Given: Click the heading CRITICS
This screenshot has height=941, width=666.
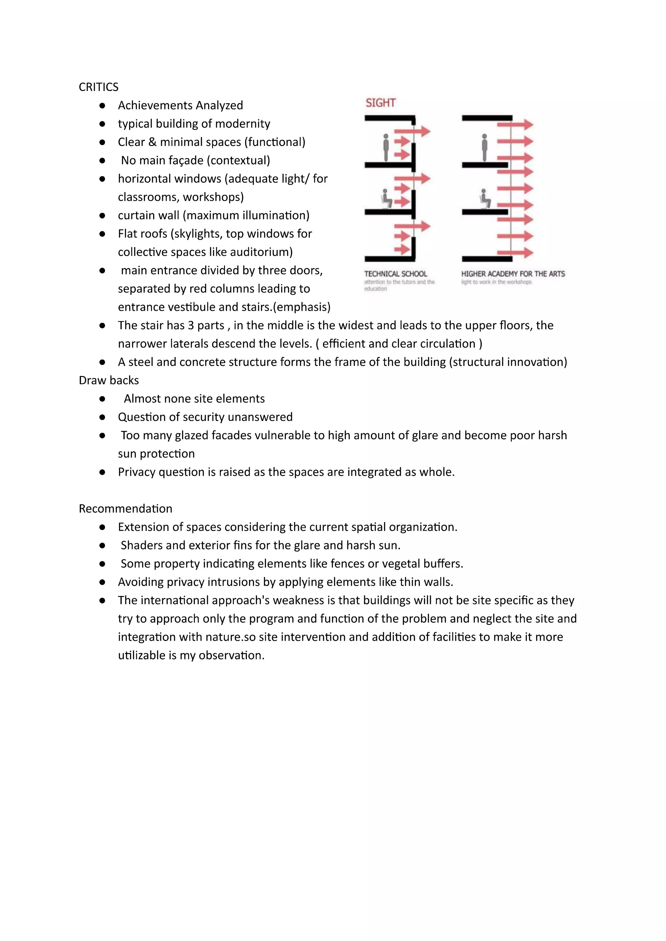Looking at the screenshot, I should click(99, 87).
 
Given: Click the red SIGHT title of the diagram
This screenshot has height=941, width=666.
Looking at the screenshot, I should click(380, 103).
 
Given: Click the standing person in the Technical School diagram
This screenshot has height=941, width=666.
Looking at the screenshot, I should click(385, 147).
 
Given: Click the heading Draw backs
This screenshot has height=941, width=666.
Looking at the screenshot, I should click(109, 380).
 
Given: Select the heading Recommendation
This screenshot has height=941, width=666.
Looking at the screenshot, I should click(126, 509).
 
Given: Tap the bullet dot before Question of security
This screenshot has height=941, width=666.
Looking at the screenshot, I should click(102, 417).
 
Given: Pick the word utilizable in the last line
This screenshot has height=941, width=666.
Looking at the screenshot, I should click(141, 655).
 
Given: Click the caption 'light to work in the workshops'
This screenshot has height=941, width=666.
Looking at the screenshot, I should click(496, 282).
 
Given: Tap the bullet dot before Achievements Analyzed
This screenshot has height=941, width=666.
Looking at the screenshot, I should click(102, 106).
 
